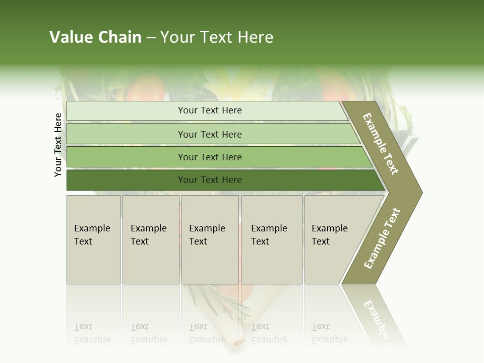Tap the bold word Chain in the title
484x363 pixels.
pyautogui.click(x=119, y=37)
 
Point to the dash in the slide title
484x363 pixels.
pyautogui.click(x=151, y=38)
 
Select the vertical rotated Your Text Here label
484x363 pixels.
pyautogui.click(x=58, y=145)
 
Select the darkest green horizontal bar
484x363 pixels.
pyautogui.click(x=126, y=180)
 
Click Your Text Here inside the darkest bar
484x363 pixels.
pyautogui.click(x=210, y=180)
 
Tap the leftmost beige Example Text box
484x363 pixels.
pyautogui.click(x=93, y=239)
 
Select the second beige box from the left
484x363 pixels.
pyautogui.click(x=151, y=239)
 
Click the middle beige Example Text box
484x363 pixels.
pyautogui.click(x=210, y=239)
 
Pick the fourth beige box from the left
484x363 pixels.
pyautogui.click(x=272, y=239)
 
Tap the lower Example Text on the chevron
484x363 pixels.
pyautogui.click(x=382, y=238)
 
